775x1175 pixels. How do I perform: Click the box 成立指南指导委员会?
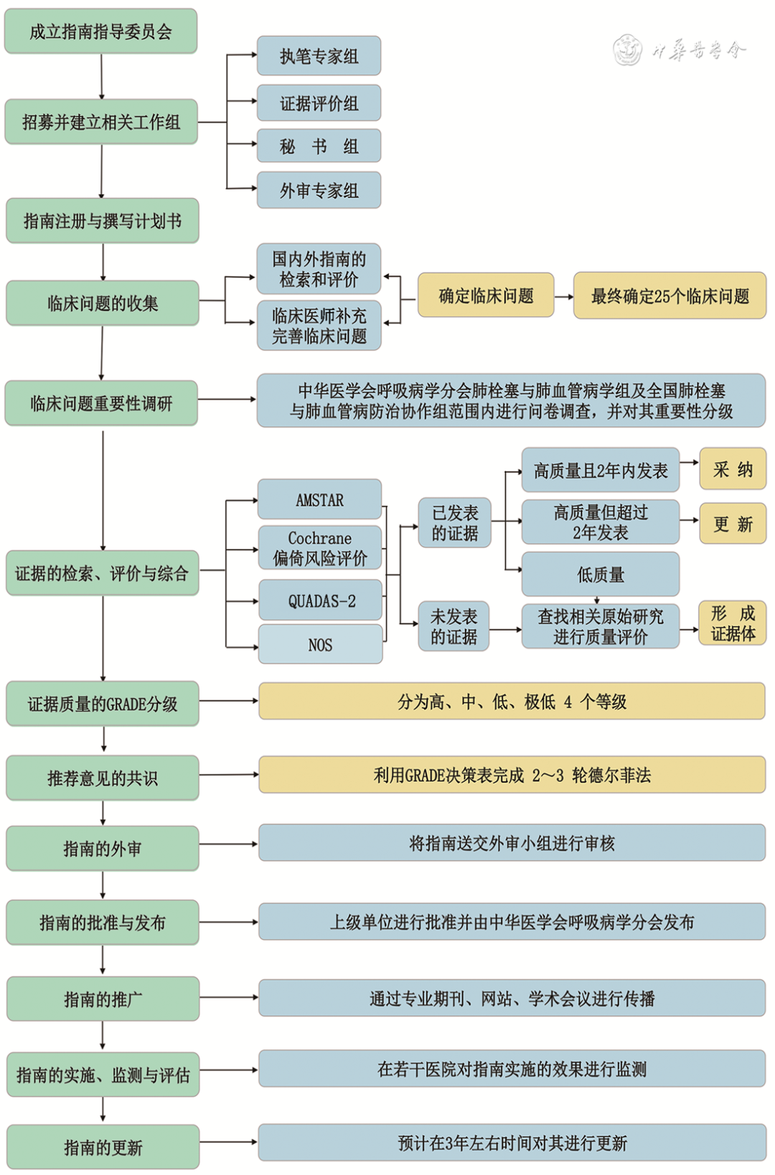tap(100, 32)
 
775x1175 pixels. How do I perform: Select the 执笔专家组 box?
tap(319, 56)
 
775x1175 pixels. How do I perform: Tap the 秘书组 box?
tap(319, 146)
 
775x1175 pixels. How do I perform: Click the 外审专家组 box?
tap(319, 190)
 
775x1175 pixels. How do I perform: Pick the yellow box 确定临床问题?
tap(486, 296)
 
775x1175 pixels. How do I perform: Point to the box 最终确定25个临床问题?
tap(670, 296)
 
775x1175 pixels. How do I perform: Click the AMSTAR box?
tap(319, 499)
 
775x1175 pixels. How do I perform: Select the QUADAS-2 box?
tap(320, 601)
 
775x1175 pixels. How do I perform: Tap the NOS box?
tap(320, 644)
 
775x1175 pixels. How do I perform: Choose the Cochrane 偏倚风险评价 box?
tap(319, 548)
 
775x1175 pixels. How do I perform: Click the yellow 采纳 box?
tap(733, 469)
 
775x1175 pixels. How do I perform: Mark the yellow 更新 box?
tap(733, 524)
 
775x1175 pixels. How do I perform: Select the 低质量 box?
tap(601, 574)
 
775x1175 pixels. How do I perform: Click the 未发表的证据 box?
tap(454, 626)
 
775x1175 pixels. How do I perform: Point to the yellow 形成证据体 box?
tap(733, 623)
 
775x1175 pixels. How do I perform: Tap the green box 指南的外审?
tap(102, 849)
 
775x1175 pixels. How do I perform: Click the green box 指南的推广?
tap(103, 999)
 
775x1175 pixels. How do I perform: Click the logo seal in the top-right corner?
tap(627, 50)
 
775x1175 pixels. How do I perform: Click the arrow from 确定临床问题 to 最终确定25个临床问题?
tap(563, 296)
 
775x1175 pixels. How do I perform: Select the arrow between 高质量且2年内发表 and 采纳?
tap(689, 463)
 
